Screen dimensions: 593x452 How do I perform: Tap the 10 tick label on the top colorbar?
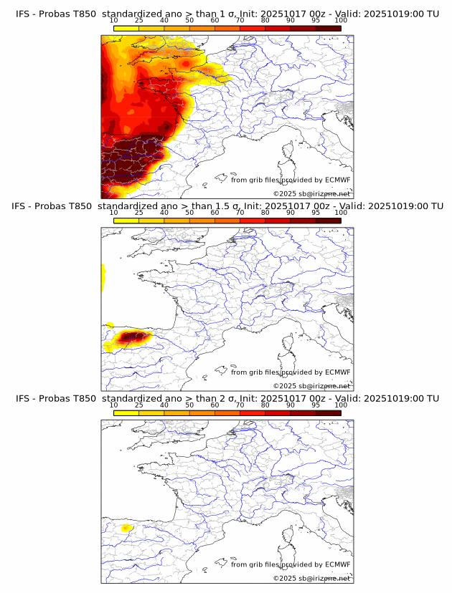[x=113, y=21]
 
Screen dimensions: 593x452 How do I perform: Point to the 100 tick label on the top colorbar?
[x=341, y=21]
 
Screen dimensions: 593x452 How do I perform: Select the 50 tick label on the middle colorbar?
[x=189, y=213]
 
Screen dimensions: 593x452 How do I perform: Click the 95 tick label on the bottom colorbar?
[x=316, y=405]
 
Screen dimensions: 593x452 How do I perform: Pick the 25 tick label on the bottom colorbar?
[x=138, y=405]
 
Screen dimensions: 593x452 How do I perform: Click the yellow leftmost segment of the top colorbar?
[x=126, y=28]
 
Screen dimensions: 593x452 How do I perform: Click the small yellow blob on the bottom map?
[x=126, y=529]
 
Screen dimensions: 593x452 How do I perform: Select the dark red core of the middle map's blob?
[x=133, y=336]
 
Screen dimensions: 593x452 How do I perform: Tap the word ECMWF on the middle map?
[x=338, y=372]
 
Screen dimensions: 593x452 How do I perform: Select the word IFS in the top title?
[x=22, y=14]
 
